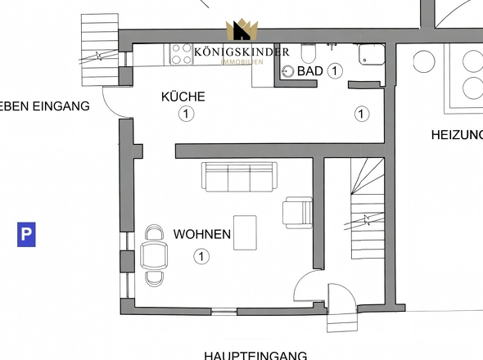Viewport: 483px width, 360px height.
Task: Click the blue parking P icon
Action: pyautogui.click(x=27, y=236)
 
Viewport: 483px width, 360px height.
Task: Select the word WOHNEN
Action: pyautogui.click(x=201, y=235)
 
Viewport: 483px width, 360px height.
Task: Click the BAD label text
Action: pyautogui.click(x=309, y=71)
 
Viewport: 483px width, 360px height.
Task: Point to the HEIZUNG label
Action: pyautogui.click(x=456, y=134)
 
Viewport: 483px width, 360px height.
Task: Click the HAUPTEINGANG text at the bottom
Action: pyautogui.click(x=255, y=354)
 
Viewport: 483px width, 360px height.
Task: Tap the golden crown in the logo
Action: pyautogui.click(x=241, y=30)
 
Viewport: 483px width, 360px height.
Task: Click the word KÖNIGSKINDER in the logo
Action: pyautogui.click(x=241, y=52)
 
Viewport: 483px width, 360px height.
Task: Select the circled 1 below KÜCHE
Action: pyautogui.click(x=187, y=115)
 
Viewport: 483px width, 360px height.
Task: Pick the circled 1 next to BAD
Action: pyautogui.click(x=334, y=71)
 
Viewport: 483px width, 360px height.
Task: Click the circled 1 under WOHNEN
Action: pyautogui.click(x=201, y=257)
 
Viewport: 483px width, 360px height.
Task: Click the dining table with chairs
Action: pyautogui.click(x=153, y=255)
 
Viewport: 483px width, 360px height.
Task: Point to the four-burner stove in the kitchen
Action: pyautogui.click(x=181, y=54)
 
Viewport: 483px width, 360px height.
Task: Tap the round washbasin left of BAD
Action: pyautogui.click(x=287, y=71)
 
